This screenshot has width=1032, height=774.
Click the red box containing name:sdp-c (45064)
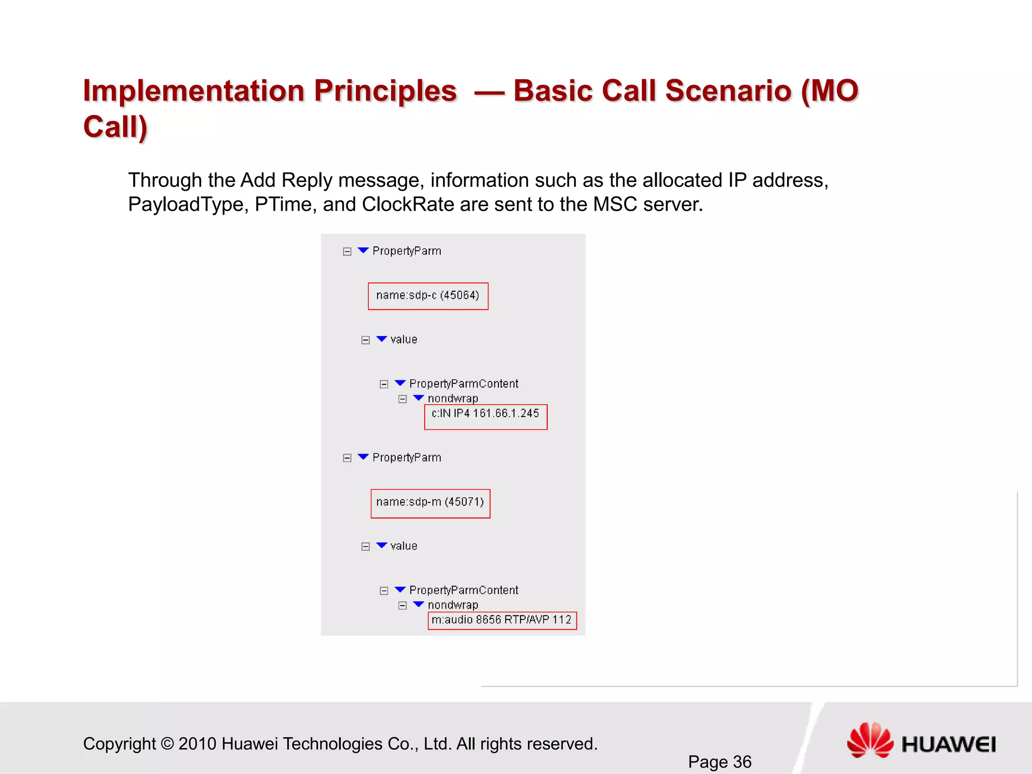428,296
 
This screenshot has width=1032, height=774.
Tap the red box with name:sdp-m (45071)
430,502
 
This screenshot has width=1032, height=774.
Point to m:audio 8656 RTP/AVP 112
501,620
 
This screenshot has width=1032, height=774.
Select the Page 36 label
720,761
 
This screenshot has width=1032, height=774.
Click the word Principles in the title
385,91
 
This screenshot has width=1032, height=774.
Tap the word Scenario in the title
728,91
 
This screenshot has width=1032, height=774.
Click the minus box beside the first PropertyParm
347,251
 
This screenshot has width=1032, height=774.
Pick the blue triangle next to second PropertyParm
363,457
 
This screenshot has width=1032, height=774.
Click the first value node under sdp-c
404,340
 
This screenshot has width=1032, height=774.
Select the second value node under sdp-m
404,546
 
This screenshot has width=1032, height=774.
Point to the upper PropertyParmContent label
464,384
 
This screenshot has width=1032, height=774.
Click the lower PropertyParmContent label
464,590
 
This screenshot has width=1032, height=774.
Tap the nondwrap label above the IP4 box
453,399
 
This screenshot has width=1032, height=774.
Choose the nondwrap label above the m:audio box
453,605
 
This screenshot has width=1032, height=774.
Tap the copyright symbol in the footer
167,744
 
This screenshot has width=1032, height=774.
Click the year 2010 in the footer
197,744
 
